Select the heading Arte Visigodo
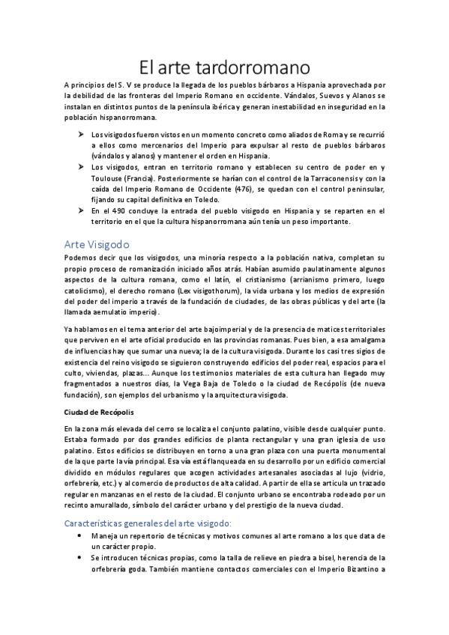[97, 244]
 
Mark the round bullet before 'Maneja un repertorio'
[80, 536]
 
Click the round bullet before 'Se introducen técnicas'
[80, 558]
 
